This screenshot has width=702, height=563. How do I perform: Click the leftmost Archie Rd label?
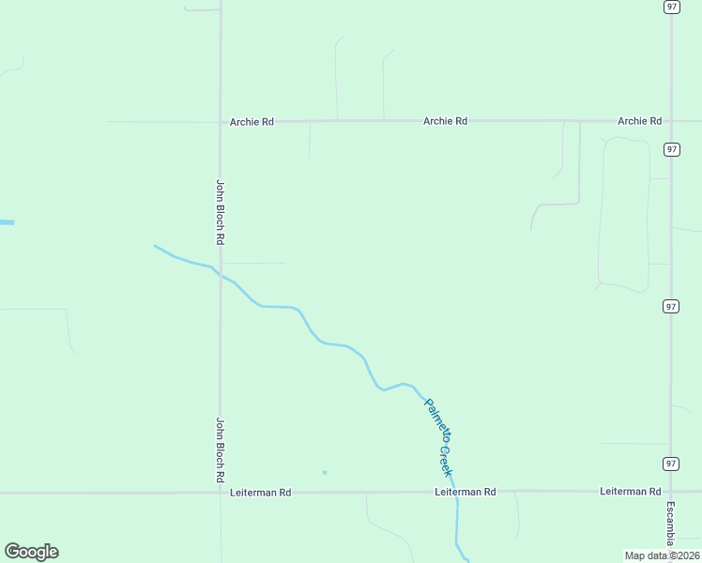pyautogui.click(x=252, y=122)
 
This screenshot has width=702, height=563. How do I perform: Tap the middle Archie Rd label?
pyautogui.click(x=445, y=121)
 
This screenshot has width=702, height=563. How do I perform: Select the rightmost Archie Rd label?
pyautogui.click(x=639, y=121)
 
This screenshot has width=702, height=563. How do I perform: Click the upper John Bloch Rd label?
pyautogui.click(x=221, y=212)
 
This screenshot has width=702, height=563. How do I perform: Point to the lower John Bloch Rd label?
pyautogui.click(x=221, y=449)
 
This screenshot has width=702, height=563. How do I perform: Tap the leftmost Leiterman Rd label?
pyautogui.click(x=260, y=492)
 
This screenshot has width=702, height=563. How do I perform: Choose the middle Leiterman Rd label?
pyautogui.click(x=465, y=492)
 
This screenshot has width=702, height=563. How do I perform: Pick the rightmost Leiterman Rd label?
pyautogui.click(x=631, y=492)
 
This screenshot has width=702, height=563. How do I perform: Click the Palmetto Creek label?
pyautogui.click(x=438, y=436)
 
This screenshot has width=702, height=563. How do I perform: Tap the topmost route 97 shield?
pyautogui.click(x=671, y=7)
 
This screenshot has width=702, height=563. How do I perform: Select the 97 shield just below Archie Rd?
pyautogui.click(x=671, y=149)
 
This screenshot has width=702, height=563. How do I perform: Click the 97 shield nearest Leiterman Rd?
pyautogui.click(x=670, y=464)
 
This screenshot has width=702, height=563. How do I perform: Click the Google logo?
pyautogui.click(x=31, y=552)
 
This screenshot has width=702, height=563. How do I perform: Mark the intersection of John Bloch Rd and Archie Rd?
pyautogui.click(x=221, y=122)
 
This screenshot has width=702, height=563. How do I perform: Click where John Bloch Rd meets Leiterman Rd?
pyautogui.click(x=221, y=492)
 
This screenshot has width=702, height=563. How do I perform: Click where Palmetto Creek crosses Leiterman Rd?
pyautogui.click(x=457, y=492)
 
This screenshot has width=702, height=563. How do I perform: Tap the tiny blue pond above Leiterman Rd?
pyautogui.click(x=325, y=472)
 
